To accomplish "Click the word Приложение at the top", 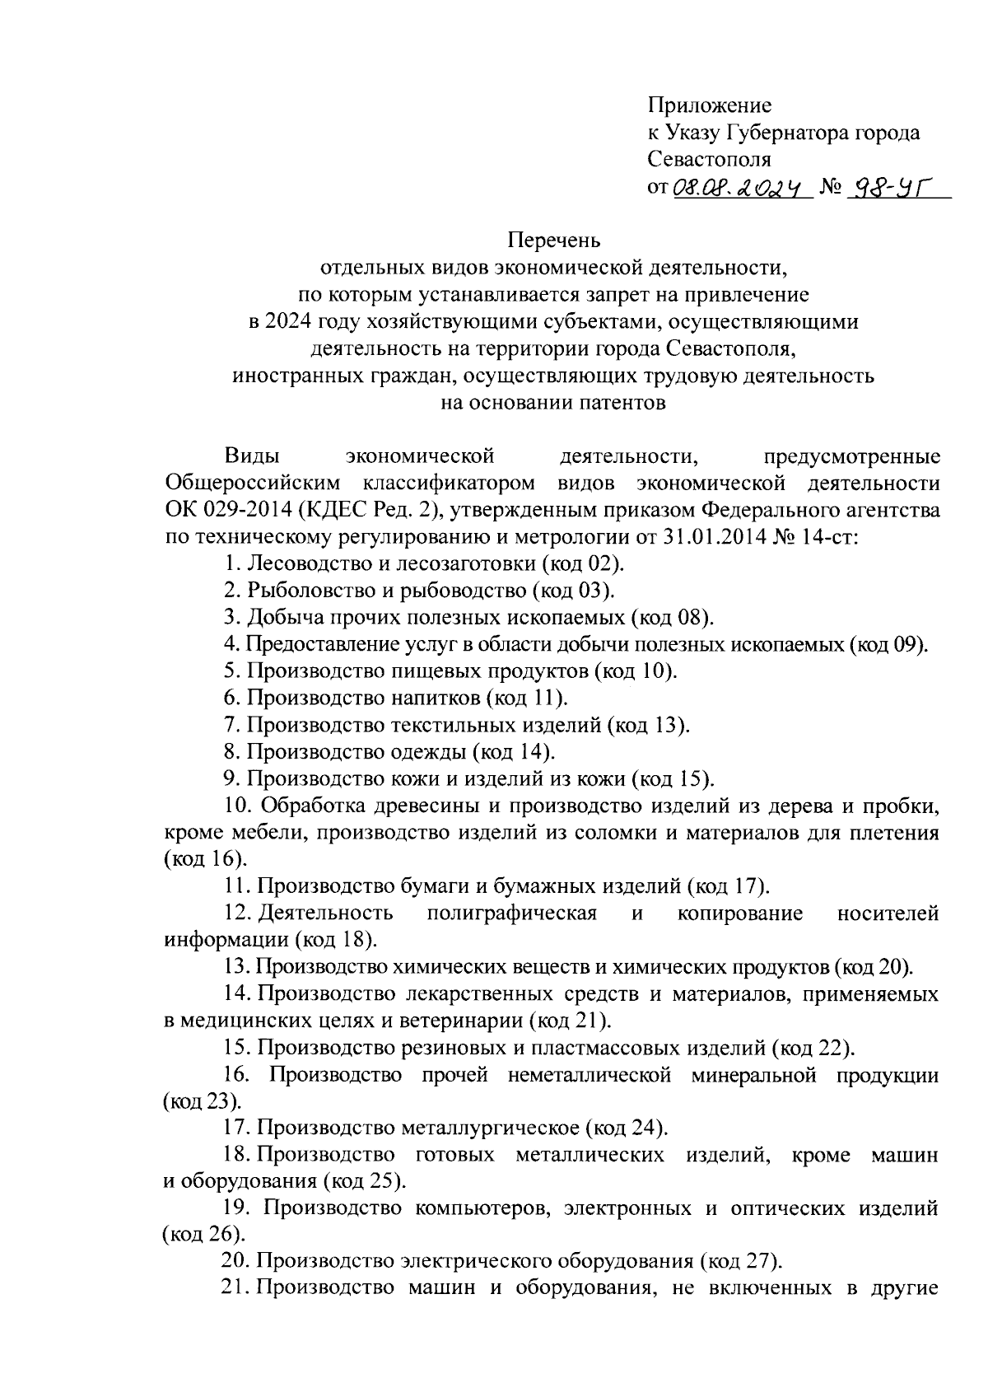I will pyautogui.click(x=710, y=105).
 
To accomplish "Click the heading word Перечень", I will pyautogui.click(x=554, y=241).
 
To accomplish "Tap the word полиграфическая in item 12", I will pyautogui.click(x=511, y=913).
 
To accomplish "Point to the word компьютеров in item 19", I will pyautogui.click(x=472, y=1208).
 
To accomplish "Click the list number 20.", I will pyautogui.click(x=235, y=1261).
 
